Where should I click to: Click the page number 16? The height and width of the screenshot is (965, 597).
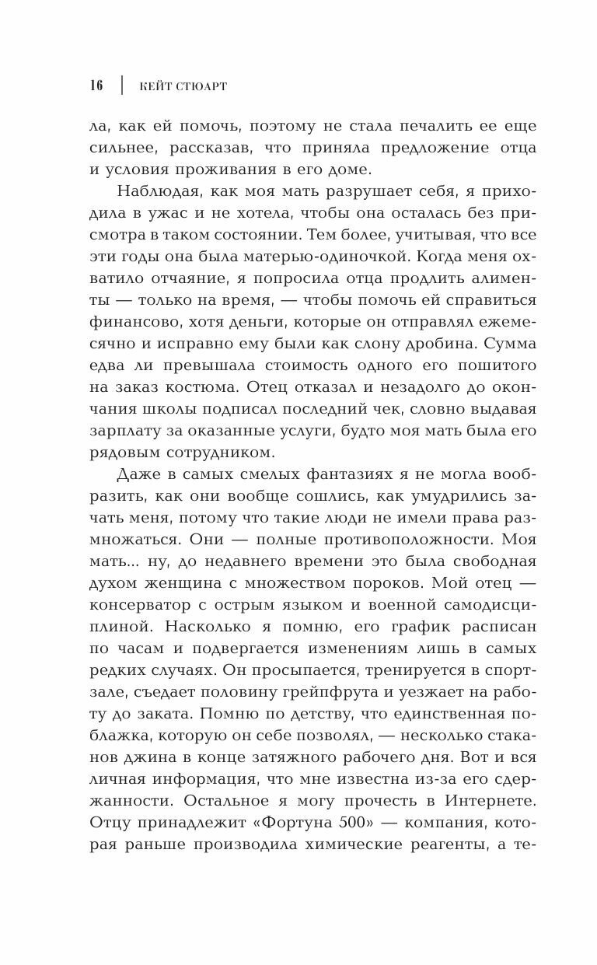(96, 86)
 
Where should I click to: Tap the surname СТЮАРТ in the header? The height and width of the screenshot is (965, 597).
(201, 86)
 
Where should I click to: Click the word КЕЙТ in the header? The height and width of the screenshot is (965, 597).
(156, 86)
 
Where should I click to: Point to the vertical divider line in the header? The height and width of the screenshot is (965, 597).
(122, 86)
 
